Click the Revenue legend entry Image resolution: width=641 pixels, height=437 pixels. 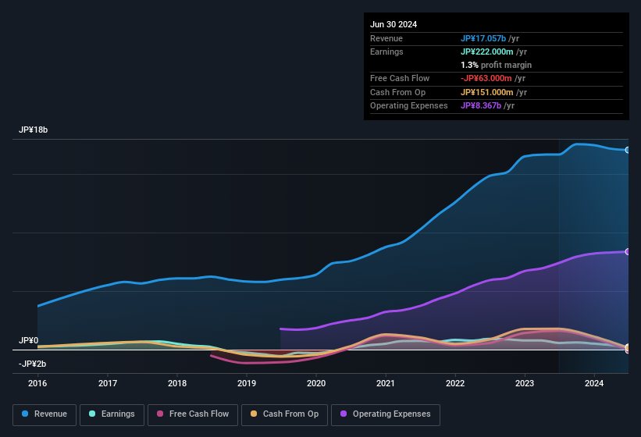45,414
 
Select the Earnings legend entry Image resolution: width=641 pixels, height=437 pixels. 112,414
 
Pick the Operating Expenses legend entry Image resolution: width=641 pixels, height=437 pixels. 386,414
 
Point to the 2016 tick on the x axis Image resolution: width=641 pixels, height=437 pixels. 37,383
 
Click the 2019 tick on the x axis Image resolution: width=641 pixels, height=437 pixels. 247,383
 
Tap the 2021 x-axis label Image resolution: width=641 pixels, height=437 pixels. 386,383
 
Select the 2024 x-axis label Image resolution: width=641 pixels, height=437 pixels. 594,383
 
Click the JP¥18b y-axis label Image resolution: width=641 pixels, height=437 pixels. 34,130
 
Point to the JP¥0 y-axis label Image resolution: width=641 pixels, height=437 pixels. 29,341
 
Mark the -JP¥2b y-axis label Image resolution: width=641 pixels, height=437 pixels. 33,364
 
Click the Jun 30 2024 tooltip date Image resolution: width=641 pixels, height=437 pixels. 394,24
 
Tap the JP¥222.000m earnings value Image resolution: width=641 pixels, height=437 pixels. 487,52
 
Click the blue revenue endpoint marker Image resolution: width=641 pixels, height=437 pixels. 628,150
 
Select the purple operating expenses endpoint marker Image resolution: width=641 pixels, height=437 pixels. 628,251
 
